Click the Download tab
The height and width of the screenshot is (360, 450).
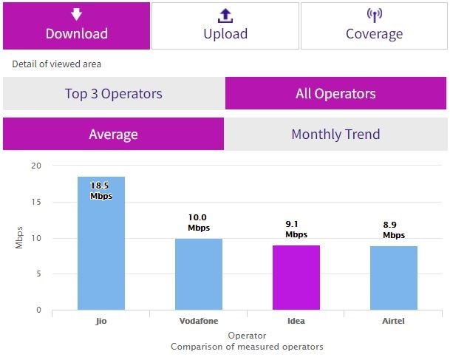click(76, 26)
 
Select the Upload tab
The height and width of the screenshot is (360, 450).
click(225, 26)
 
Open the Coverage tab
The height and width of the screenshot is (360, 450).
click(374, 26)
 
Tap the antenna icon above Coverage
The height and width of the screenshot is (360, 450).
click(374, 15)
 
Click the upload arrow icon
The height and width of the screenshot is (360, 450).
click(225, 15)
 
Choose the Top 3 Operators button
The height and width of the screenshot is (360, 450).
click(113, 94)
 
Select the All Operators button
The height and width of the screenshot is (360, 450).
click(335, 94)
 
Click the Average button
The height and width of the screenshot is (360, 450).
click(113, 135)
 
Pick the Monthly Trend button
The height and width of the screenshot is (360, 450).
click(335, 135)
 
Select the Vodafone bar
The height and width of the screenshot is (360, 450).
click(199, 274)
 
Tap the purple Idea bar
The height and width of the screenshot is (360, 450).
click(296, 277)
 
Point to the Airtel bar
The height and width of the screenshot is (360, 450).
click(394, 278)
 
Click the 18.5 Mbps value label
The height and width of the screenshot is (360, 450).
click(101, 191)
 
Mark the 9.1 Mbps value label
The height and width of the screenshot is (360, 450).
click(296, 229)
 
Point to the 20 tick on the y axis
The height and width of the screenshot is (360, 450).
click(36, 166)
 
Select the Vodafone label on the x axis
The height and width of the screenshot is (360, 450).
click(199, 322)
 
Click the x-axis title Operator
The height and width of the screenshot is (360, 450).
click(247, 336)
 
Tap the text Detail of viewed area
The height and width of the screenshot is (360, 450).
click(57, 64)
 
